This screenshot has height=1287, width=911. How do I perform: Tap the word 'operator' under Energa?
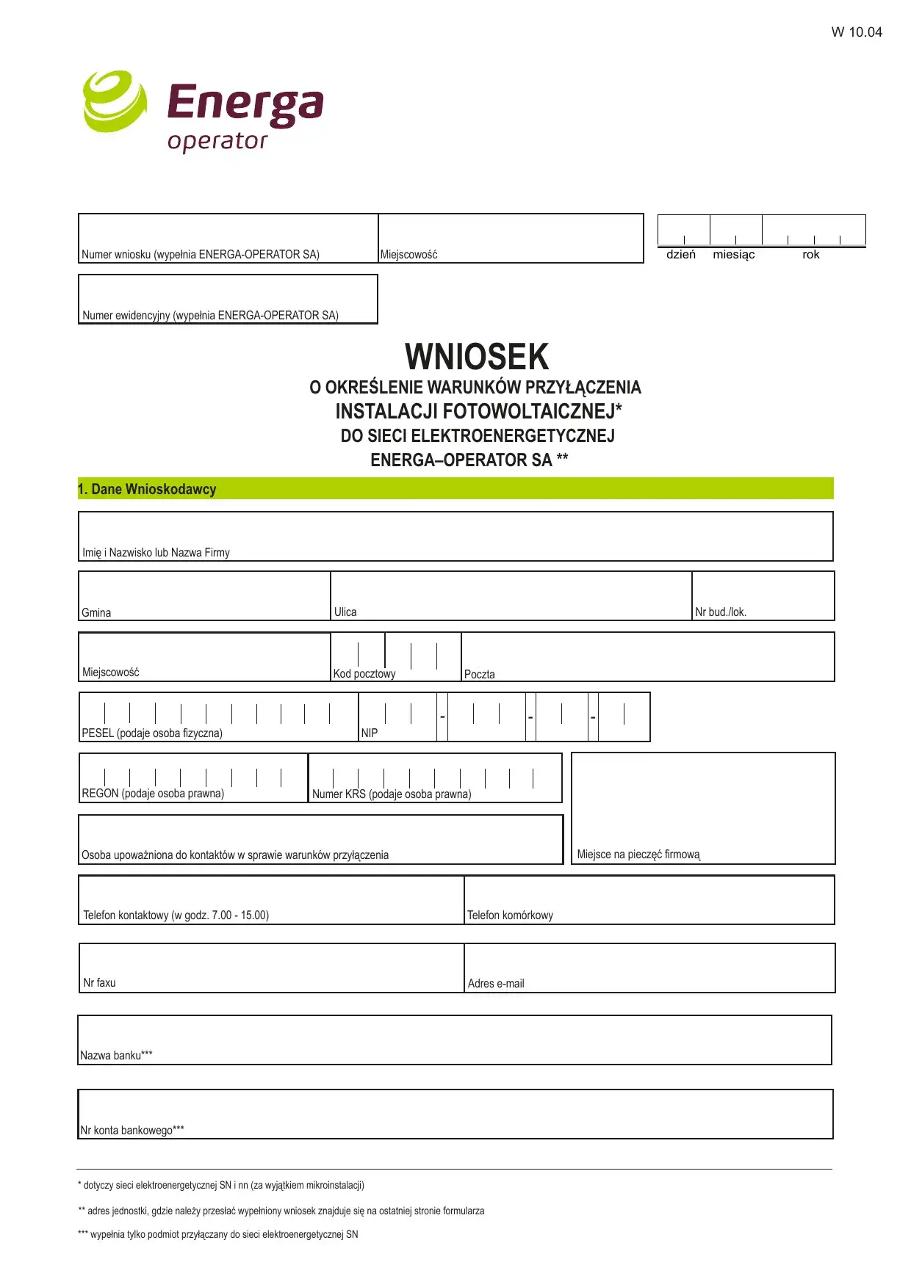click(x=217, y=140)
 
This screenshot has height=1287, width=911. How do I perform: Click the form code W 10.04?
click(x=856, y=32)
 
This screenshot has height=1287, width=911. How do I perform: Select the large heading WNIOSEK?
click(x=477, y=358)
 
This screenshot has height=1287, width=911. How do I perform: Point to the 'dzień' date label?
click(x=680, y=255)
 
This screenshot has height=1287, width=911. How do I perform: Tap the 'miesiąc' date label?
click(x=733, y=255)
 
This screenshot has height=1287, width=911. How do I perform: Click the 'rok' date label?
click(x=810, y=255)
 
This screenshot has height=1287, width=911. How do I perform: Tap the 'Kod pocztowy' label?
click(x=364, y=674)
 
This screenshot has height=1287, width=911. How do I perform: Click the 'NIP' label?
click(x=370, y=733)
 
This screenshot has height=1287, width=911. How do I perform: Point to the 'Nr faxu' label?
click(x=99, y=983)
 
